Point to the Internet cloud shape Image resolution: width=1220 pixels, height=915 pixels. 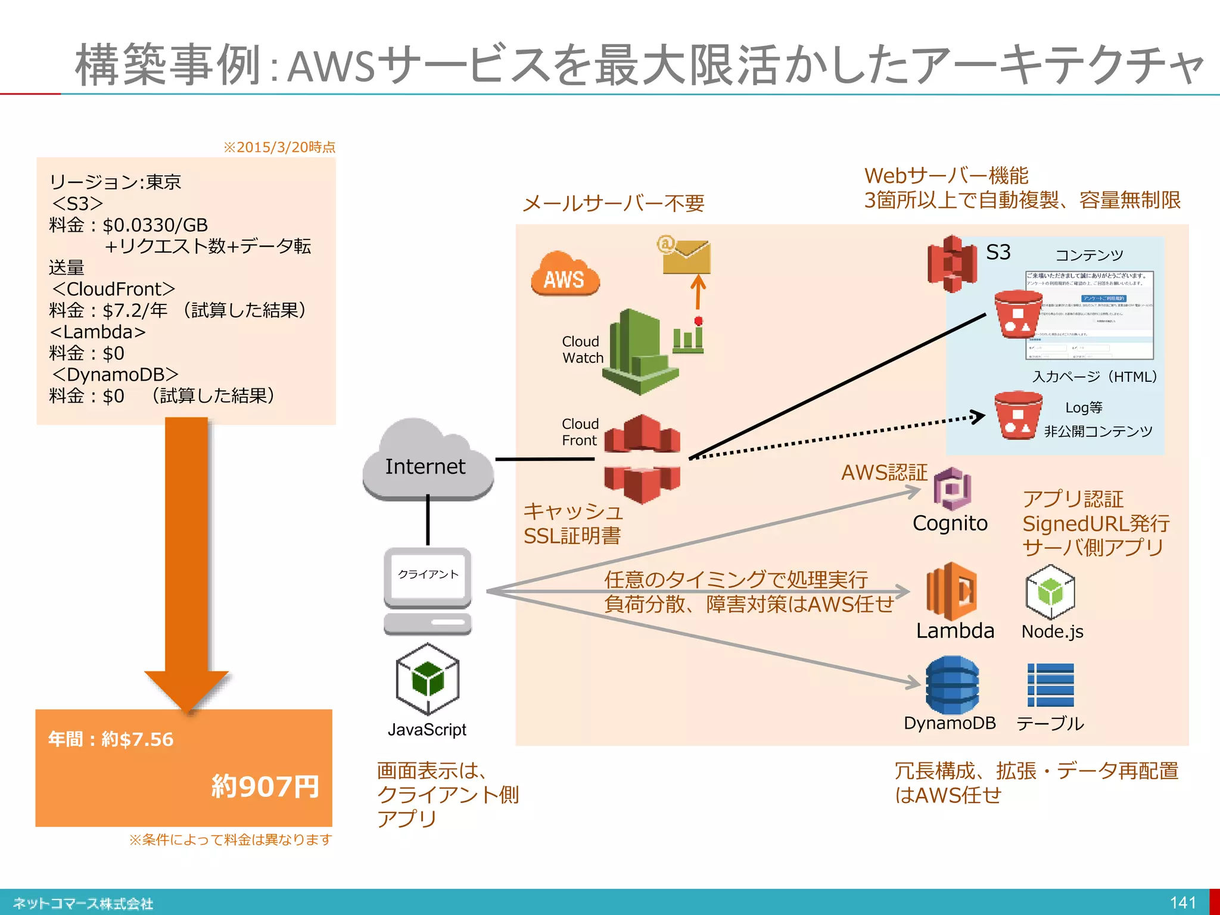coord(427,462)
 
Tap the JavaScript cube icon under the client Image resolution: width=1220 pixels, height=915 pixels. coord(427,679)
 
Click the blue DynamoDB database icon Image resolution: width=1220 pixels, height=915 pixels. coord(951,685)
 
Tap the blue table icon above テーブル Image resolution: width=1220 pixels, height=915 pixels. coord(1050,685)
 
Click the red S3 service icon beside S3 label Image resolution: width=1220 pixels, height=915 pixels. coord(952,264)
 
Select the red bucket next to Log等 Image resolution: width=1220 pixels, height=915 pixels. coord(1017,415)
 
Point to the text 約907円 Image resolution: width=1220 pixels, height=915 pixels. coord(266,786)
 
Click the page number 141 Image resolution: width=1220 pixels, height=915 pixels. coord(1182,902)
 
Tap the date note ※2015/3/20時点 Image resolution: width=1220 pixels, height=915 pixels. coord(279,147)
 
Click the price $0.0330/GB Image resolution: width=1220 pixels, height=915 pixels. coord(155,225)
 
